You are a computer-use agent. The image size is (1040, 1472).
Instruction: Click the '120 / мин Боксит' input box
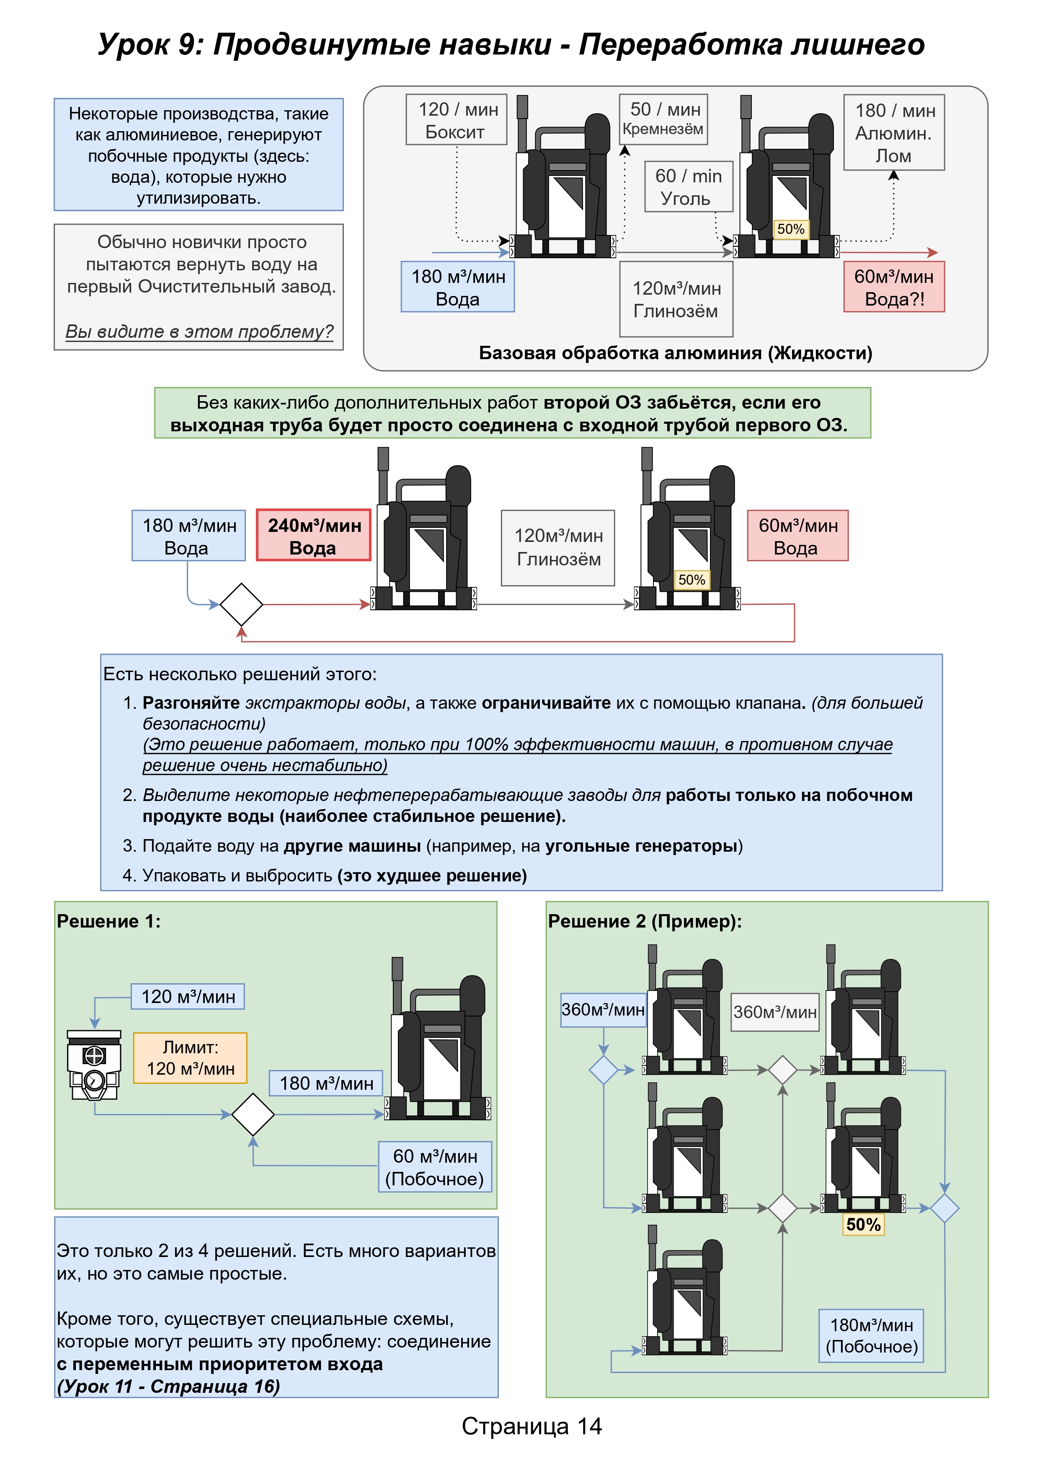click(x=456, y=120)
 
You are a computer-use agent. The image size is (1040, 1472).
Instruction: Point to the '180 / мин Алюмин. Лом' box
click(x=894, y=133)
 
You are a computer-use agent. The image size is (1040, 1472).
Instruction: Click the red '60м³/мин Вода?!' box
click(x=894, y=287)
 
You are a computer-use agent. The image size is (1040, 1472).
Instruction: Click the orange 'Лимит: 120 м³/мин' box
click(x=190, y=1058)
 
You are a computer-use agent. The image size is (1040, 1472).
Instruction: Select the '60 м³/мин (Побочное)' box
click(x=435, y=1167)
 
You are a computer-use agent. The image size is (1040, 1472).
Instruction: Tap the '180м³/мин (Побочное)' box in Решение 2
click(x=872, y=1335)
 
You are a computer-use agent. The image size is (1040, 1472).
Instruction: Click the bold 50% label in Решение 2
click(x=863, y=1225)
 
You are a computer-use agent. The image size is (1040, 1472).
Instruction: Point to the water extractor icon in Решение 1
click(x=94, y=1065)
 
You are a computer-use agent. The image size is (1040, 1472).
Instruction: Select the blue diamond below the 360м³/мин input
click(x=604, y=1070)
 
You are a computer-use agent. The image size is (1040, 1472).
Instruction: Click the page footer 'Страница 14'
click(x=532, y=1426)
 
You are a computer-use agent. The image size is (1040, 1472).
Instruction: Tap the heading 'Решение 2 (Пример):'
click(x=645, y=921)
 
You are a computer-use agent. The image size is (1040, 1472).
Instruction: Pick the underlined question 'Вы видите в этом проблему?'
click(x=199, y=332)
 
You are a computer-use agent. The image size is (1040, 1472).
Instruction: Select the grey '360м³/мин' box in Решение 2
click(x=775, y=1012)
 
